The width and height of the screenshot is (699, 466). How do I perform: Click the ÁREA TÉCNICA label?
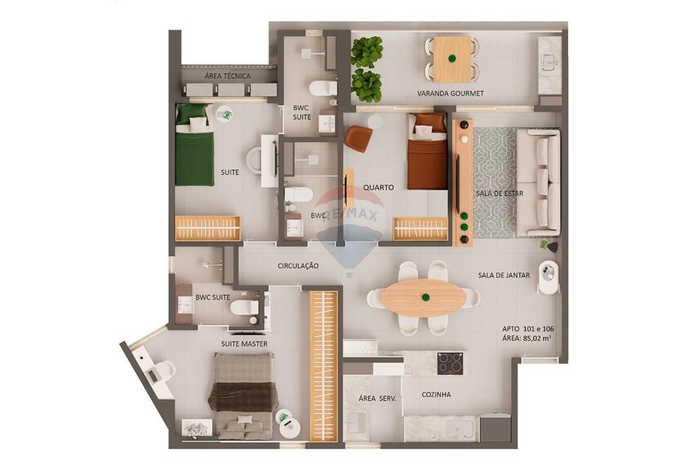[x=227, y=76]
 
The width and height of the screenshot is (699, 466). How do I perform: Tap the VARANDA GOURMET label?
[x=450, y=94]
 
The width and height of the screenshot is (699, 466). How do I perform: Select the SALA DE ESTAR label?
[x=499, y=193]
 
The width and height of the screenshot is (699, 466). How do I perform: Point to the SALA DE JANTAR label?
[x=503, y=275]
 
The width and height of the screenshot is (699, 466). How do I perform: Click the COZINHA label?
[x=436, y=395]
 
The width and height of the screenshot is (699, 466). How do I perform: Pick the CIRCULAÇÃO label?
[x=298, y=266]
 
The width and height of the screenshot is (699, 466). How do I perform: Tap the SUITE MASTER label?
[x=244, y=344]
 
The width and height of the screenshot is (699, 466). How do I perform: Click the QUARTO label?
[x=378, y=187]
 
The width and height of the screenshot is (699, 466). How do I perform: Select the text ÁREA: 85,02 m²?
[x=526, y=339]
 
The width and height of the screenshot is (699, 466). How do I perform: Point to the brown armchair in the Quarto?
[x=358, y=138]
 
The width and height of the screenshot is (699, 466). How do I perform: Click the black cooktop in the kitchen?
[x=450, y=363]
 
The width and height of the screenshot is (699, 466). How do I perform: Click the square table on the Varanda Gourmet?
[x=452, y=59]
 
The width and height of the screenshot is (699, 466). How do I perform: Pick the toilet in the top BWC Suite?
[x=323, y=88]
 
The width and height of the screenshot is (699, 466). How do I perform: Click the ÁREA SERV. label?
[x=377, y=398]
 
